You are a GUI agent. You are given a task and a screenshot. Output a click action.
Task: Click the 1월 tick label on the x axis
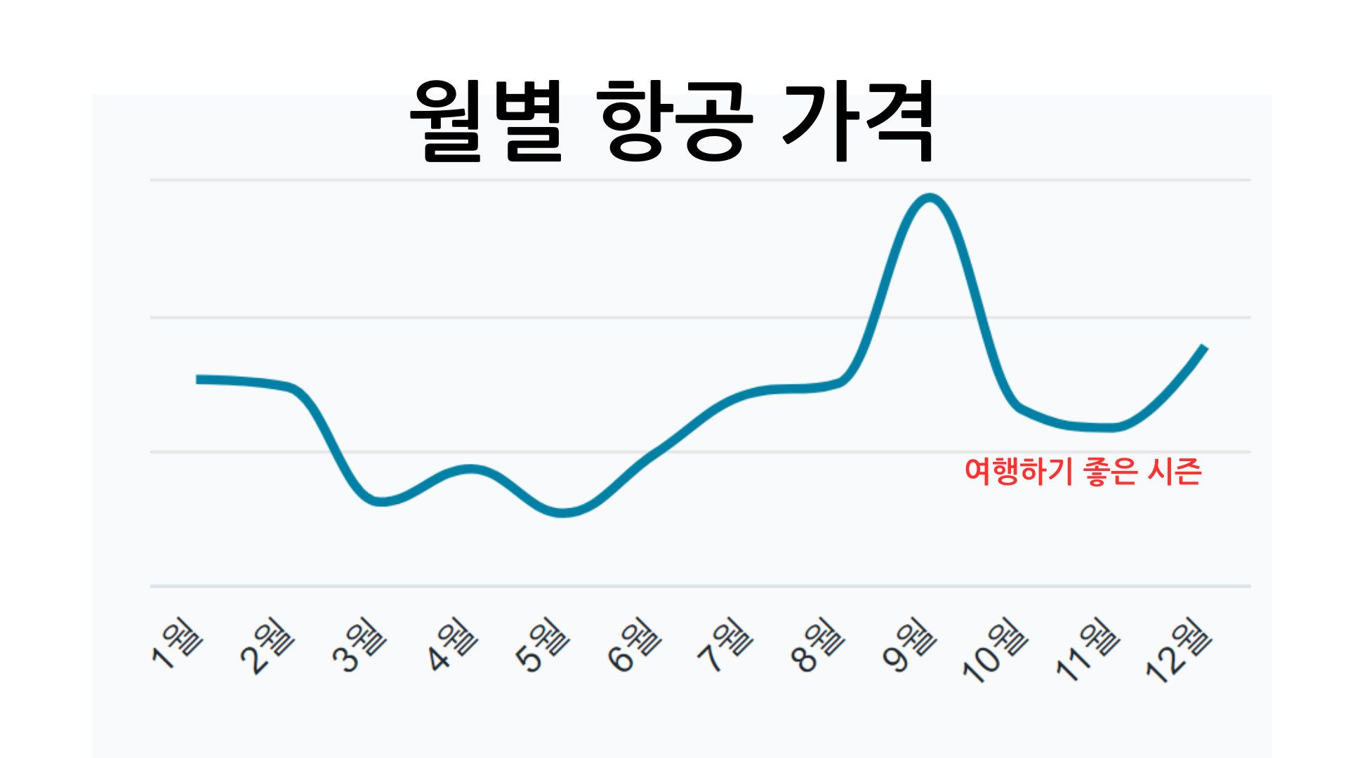pos(178,642)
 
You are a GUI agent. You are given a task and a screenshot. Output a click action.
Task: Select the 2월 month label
pos(267,645)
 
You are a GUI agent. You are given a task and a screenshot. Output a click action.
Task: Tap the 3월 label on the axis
pos(359,644)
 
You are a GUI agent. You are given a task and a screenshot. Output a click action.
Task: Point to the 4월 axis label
pos(451,644)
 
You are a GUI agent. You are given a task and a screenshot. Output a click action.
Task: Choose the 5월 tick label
pos(542,644)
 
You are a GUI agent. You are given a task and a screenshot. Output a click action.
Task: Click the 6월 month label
pos(634,644)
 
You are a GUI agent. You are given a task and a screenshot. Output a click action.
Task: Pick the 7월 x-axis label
pos(725,644)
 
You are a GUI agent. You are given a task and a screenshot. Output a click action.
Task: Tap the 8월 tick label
pos(817,644)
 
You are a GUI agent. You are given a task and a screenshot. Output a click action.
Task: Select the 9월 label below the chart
pos(909,644)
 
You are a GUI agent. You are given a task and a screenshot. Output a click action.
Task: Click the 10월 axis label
pos(996,649)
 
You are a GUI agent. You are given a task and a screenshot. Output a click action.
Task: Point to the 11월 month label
pos(1088,649)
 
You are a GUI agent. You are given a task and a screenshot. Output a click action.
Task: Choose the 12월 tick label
pos(1179,649)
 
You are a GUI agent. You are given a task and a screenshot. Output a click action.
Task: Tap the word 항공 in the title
pos(675,121)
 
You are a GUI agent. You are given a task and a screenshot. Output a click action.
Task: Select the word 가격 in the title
pos(858,121)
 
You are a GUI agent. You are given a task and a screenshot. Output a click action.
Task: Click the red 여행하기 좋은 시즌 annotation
pos(1083,471)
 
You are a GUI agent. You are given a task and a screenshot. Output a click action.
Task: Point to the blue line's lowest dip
pos(562,512)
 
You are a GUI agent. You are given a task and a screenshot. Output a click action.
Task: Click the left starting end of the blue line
pos(199,379)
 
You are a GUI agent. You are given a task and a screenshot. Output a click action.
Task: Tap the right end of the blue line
pos(1204,347)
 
